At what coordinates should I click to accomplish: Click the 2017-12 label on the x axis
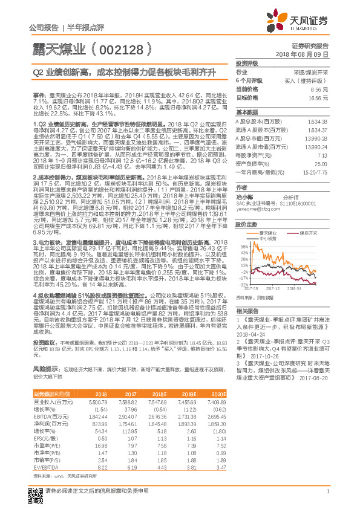pos(275,290)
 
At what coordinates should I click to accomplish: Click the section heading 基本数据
pos(247,112)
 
